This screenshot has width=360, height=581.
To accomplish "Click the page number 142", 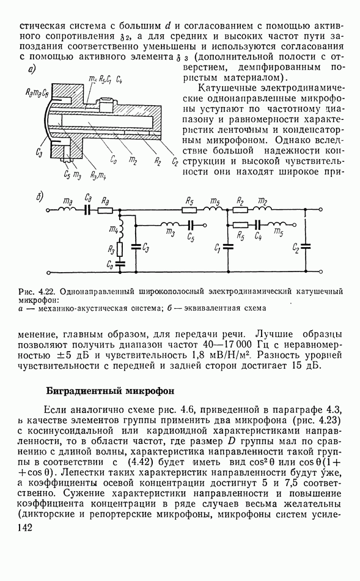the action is tap(25, 528).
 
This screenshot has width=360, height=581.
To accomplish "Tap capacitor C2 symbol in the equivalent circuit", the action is tap(306, 246).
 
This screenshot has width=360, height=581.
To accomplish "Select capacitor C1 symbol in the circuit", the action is tap(228, 246).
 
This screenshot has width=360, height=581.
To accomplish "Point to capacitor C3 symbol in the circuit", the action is tap(136, 246).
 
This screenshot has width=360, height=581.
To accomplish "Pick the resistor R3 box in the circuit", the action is tap(120, 250).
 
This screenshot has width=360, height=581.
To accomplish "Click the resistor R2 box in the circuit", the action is tap(240, 210).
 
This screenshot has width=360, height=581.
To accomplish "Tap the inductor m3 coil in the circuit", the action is tap(170, 224).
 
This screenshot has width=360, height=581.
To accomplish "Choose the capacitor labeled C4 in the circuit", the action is tap(258, 224).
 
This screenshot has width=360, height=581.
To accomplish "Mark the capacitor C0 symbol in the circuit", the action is tap(120, 264).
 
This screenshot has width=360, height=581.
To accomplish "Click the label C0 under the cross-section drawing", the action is tap(114, 160).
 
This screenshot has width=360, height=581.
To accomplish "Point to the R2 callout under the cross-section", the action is tap(157, 160).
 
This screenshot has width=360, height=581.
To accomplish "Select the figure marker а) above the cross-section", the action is tap(32, 69).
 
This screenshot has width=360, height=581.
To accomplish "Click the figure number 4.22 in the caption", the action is tap(48, 291).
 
